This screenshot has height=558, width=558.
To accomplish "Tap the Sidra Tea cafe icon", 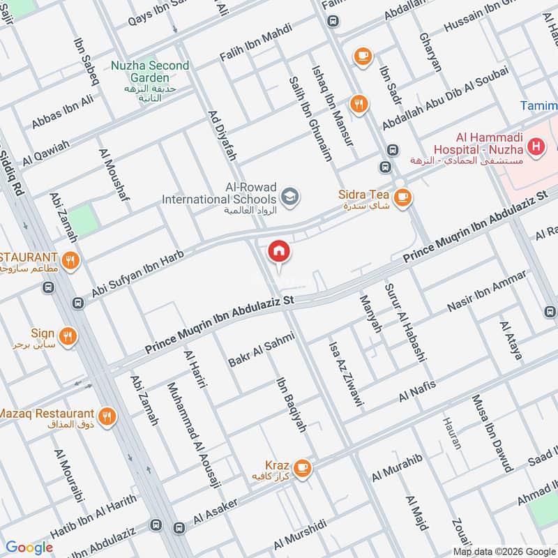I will click(402, 199).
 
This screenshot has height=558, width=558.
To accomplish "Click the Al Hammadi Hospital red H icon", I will click(536, 146).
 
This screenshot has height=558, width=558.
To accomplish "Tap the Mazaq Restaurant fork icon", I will click(107, 417).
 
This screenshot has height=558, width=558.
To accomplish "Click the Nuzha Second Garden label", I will click(149, 72).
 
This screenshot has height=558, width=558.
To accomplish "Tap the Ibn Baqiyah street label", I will click(292, 405).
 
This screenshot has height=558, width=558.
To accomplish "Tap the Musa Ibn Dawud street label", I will click(492, 432).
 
